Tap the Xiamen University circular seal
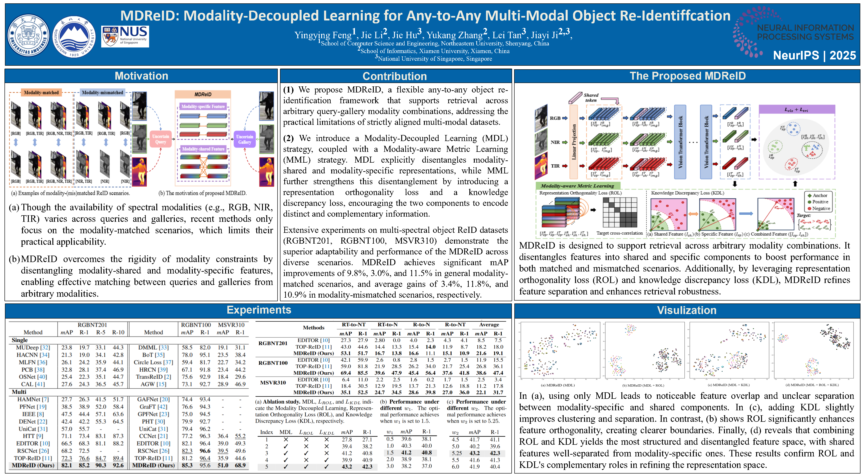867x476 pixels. pyautogui.click(x=28, y=35)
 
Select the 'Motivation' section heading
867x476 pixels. pyautogui.click(x=141, y=76)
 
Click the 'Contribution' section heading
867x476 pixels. pyautogui.click(x=394, y=76)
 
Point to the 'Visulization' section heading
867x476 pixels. pyautogui.click(x=687, y=310)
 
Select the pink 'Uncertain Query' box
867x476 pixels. pyautogui.click(x=161, y=139)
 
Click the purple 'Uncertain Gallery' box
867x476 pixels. pyautogui.click(x=245, y=139)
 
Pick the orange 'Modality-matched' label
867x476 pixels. pyautogui.click(x=41, y=93)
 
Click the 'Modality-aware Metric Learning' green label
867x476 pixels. pyautogui.click(x=577, y=186)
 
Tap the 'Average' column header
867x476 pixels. pyautogui.click(x=489, y=325)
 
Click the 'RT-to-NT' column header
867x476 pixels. pyautogui.click(x=353, y=325)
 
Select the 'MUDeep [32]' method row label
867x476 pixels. pyautogui.click(x=33, y=347)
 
